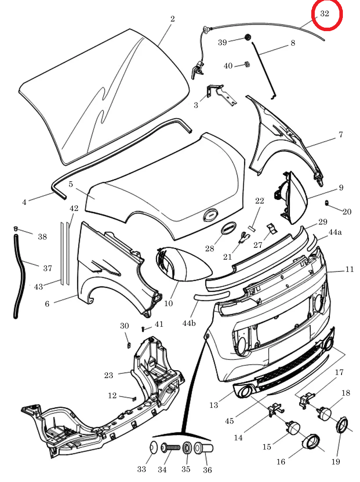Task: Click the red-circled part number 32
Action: (x=324, y=14)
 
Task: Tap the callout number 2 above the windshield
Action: (x=173, y=19)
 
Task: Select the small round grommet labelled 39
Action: (x=248, y=37)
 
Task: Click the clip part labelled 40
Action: (x=247, y=65)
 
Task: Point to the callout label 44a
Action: (x=335, y=232)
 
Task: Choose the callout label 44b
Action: (x=189, y=323)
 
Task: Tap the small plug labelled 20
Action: (x=327, y=203)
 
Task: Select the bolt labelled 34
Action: (x=171, y=448)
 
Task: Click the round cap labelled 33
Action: (x=153, y=448)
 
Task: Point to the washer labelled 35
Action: (x=187, y=448)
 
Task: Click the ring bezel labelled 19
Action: (x=342, y=425)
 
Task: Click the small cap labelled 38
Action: (x=16, y=229)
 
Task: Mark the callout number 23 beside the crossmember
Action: (x=108, y=375)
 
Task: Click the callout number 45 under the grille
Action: (x=229, y=421)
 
